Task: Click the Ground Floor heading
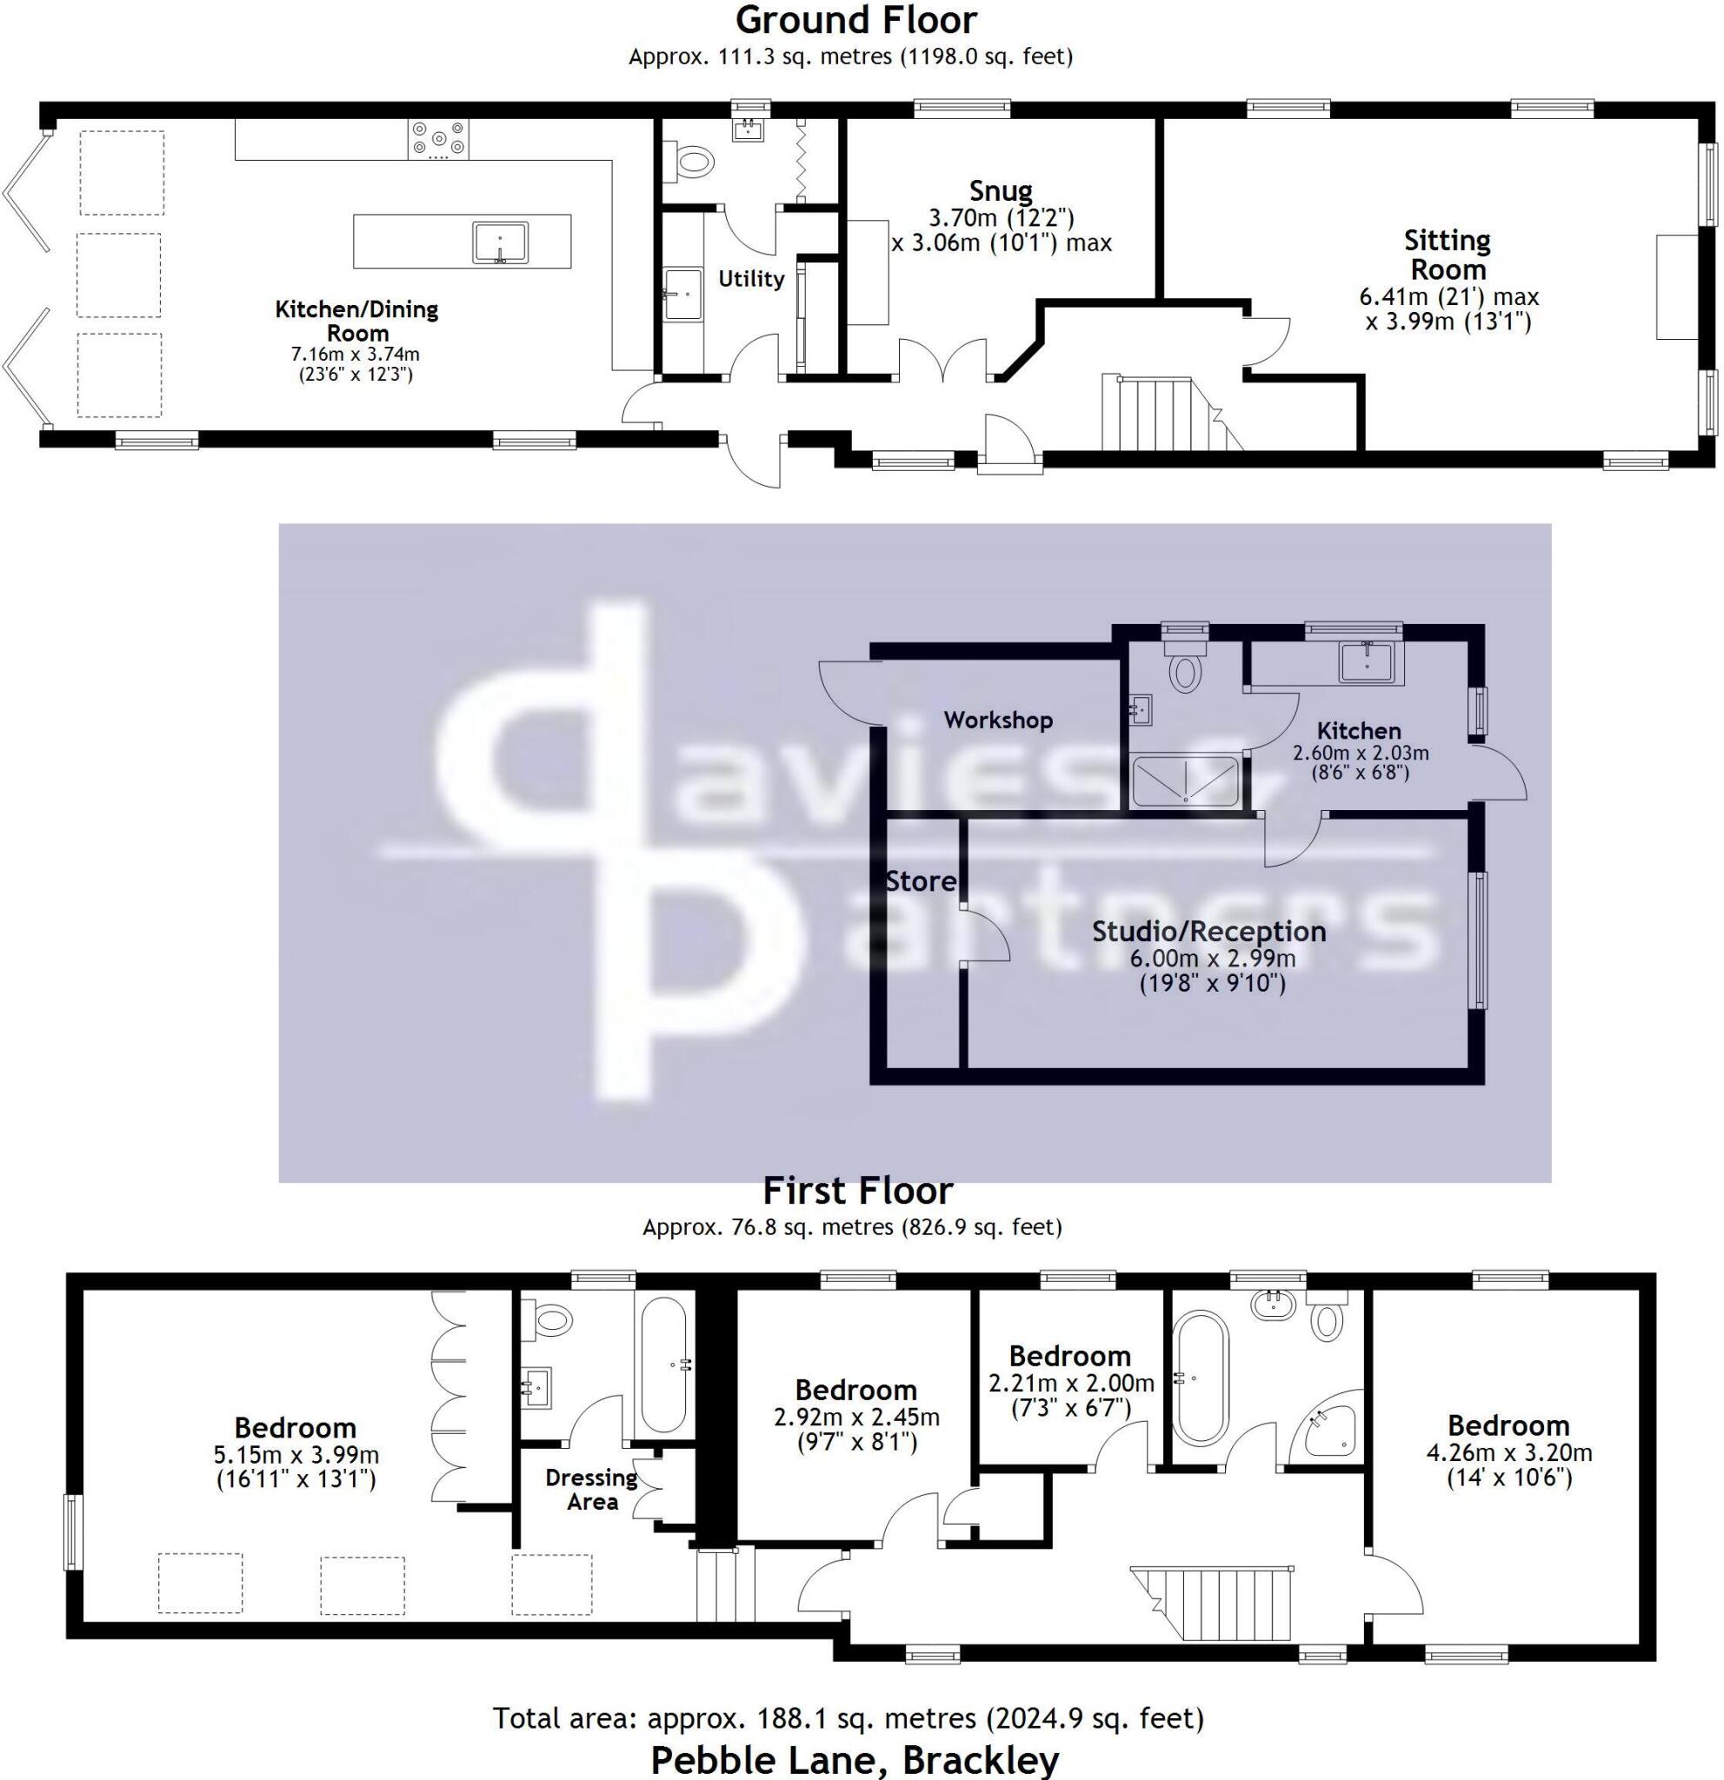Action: point(855,20)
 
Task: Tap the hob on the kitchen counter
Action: point(440,139)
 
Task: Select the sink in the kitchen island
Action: point(500,242)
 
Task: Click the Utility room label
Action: point(751,279)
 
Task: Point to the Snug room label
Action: point(1000,191)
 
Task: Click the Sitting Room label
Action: point(1448,256)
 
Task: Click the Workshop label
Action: point(998,721)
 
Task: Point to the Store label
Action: point(921,881)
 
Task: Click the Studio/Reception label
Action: point(1209,931)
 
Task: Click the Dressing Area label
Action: point(592,1490)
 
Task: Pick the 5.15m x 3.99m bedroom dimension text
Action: point(296,1454)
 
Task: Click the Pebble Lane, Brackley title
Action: point(855,1760)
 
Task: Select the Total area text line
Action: point(849,1718)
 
